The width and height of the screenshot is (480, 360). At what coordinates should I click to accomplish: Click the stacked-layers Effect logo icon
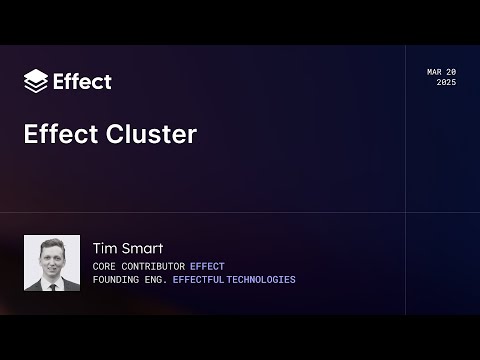[35, 81]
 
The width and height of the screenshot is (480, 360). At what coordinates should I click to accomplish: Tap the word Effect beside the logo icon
[82, 81]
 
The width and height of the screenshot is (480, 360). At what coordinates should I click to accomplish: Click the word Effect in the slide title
[61, 135]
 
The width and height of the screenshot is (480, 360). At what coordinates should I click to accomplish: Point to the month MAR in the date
[435, 72]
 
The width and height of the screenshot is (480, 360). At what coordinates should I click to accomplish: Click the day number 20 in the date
[451, 72]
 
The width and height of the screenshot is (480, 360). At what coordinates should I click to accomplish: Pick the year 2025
[446, 82]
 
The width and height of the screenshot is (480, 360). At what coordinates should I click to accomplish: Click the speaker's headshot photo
[52, 263]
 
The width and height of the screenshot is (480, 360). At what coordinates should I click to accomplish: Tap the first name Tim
[104, 248]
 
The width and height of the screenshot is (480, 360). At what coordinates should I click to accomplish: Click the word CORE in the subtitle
[104, 266]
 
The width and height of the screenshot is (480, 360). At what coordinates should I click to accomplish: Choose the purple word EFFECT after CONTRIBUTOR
[207, 266]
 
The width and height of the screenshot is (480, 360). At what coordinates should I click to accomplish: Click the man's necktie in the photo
[51, 283]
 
